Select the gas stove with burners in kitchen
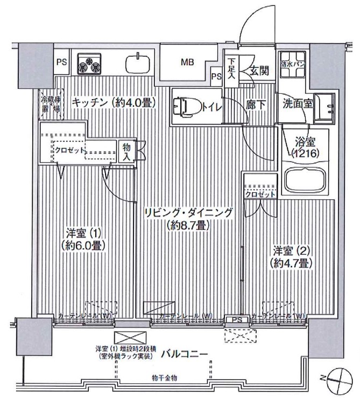(x=89, y=63)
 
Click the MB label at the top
(x=187, y=62)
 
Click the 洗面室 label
(x=298, y=104)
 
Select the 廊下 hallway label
(x=256, y=104)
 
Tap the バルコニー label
(x=185, y=354)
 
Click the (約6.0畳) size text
(x=83, y=246)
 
